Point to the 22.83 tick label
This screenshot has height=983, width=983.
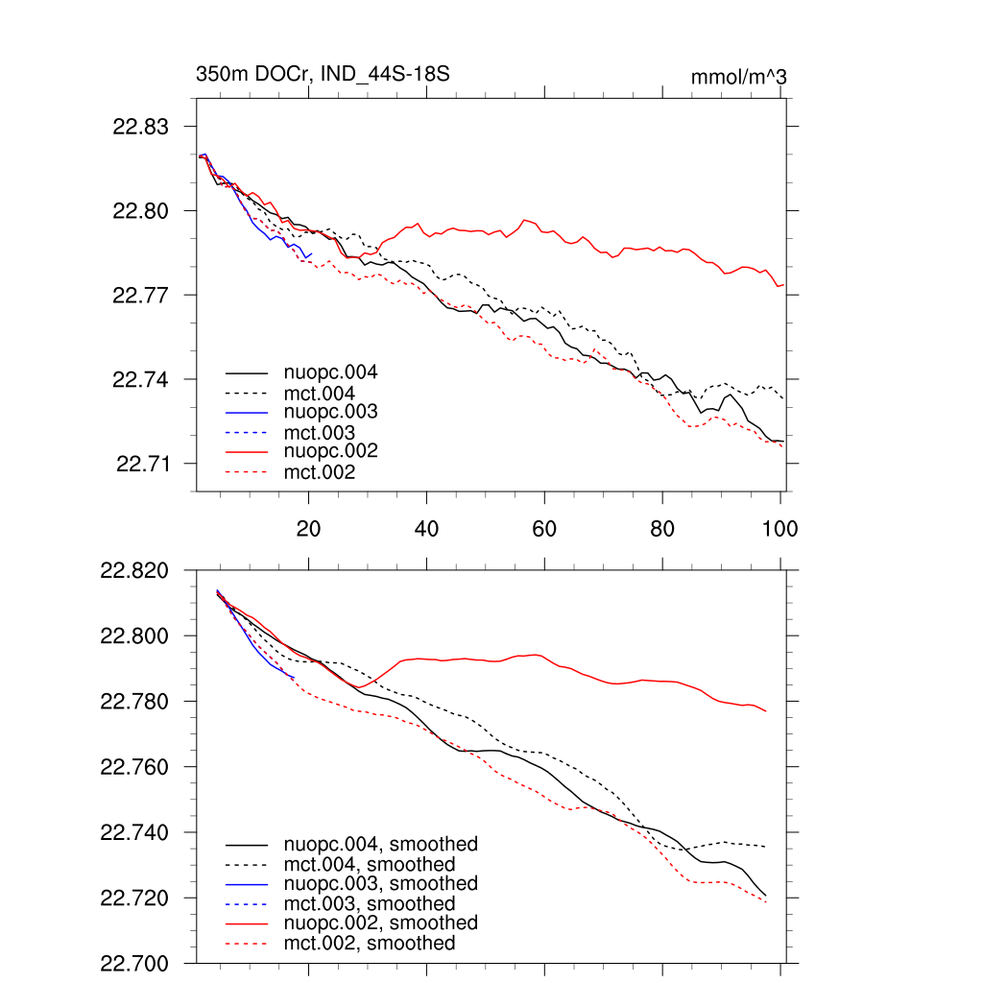[x=141, y=127]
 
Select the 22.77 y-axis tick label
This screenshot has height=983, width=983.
[x=141, y=295]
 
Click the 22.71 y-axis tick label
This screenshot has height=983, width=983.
[x=141, y=465]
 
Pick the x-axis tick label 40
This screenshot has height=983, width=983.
[x=426, y=528]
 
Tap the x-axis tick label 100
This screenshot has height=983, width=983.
[x=779, y=528]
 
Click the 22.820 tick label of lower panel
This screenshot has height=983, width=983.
[x=135, y=571]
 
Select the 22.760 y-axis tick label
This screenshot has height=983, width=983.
[x=135, y=768]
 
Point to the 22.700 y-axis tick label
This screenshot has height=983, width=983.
[x=135, y=963]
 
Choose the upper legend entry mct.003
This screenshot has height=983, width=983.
[x=319, y=433]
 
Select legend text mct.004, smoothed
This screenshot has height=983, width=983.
[x=370, y=864]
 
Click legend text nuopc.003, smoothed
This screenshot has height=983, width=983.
[x=380, y=883]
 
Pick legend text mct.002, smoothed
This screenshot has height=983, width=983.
[x=370, y=944]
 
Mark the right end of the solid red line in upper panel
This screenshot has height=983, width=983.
[x=784, y=284]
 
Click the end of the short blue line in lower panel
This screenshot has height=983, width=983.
[x=293, y=678]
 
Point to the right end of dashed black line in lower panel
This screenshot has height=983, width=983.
[x=765, y=847]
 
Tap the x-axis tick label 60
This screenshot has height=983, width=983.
[x=544, y=528]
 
